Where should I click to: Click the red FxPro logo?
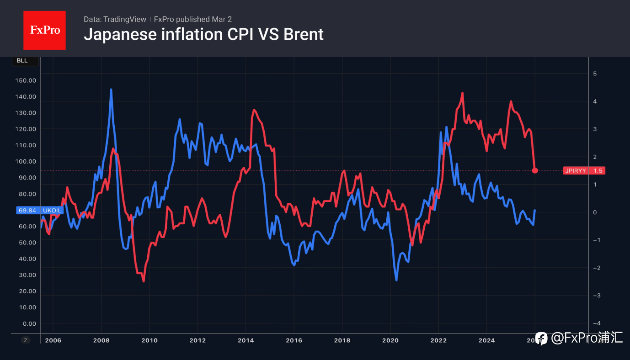click(44, 30)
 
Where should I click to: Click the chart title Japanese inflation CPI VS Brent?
click(203, 34)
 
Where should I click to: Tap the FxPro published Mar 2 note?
click(193, 19)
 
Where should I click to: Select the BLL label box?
click(22, 60)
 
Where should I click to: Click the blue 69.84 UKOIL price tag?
click(40, 210)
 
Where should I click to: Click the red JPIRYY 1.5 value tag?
click(584, 170)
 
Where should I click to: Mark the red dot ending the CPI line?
click(535, 170)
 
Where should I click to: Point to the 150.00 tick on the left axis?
click(26, 80)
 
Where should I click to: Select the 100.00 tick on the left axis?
click(26, 161)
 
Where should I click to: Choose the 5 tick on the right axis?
click(595, 74)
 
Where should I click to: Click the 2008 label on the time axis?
click(101, 340)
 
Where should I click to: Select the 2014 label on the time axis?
click(246, 340)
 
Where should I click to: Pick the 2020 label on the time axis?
click(390, 340)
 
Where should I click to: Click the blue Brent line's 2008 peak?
click(111, 90)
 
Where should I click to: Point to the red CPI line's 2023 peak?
click(463, 93)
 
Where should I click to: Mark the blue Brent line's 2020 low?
click(396, 280)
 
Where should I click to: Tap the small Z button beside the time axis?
click(26, 340)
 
